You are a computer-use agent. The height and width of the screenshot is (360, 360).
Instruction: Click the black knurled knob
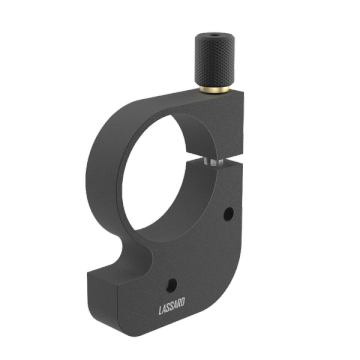pyautogui.click(x=215, y=60)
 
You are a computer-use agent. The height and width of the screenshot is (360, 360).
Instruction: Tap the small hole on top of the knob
pyautogui.click(x=215, y=35)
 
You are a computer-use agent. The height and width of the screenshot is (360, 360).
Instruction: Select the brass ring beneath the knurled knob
pyautogui.click(x=214, y=89)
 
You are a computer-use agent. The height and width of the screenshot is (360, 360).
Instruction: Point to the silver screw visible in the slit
pyautogui.click(x=213, y=162)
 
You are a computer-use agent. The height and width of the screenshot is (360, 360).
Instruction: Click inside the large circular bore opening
pyautogui.click(x=153, y=173)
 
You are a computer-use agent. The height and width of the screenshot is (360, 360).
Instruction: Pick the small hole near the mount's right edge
pyautogui.click(x=228, y=214)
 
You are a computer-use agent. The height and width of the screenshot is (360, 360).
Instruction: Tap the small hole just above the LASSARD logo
pyautogui.click(x=172, y=286)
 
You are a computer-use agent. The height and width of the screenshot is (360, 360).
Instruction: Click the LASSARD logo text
pyautogui.click(x=172, y=307)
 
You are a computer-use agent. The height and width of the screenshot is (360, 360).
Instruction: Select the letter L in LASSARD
pyautogui.click(x=161, y=311)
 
